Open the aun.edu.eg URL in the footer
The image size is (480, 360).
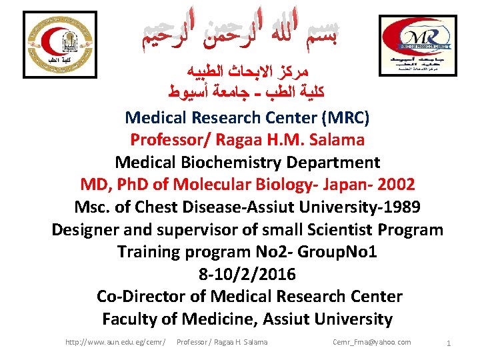[115, 342]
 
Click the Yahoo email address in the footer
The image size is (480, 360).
[371, 342]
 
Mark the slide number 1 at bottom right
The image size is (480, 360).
[449, 343]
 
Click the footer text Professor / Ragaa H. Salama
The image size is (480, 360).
[222, 342]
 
